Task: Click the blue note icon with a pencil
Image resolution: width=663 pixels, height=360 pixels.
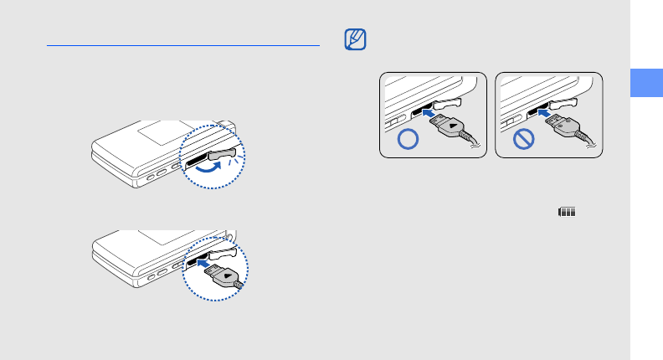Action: click(x=356, y=39)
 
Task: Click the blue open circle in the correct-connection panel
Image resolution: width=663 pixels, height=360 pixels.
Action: click(x=406, y=139)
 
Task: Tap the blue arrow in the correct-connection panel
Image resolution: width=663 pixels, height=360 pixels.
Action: click(x=428, y=110)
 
